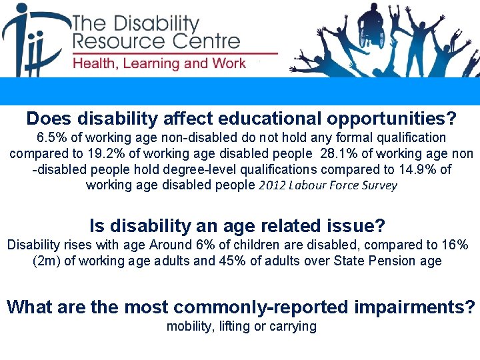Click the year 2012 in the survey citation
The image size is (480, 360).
click(275, 186)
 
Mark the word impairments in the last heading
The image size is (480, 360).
click(413, 307)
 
